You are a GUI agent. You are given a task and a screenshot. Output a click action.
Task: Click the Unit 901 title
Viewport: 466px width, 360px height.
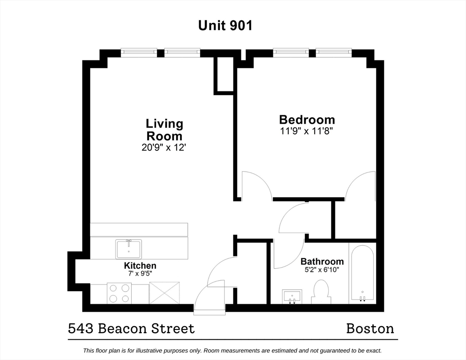[x=225, y=25]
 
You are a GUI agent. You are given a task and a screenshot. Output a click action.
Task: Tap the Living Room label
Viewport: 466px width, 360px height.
[x=164, y=130]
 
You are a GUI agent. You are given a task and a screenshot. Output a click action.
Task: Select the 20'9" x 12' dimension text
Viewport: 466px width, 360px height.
[x=164, y=148]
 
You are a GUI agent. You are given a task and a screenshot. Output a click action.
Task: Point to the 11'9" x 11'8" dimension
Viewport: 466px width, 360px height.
[x=307, y=131]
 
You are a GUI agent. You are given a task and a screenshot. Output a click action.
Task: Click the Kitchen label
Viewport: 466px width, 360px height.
[x=140, y=266]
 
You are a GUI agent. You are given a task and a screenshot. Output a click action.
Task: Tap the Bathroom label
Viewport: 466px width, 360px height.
[x=322, y=262]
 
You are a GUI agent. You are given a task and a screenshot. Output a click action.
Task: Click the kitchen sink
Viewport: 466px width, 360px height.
[x=128, y=248]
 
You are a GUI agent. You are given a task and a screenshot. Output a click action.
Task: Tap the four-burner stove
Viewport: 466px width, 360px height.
[x=119, y=293]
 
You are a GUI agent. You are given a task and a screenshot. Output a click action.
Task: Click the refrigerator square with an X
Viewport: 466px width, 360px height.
[x=164, y=293]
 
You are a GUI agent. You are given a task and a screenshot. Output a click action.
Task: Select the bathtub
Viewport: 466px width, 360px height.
[x=362, y=273]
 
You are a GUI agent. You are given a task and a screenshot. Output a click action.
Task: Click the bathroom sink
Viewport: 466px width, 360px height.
[x=292, y=296]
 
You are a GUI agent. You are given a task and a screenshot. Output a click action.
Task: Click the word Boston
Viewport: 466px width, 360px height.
[x=370, y=329]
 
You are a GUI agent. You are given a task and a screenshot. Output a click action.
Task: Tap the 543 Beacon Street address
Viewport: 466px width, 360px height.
[x=131, y=329]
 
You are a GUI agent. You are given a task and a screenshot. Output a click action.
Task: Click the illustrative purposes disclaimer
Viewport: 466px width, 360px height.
[x=233, y=350]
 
